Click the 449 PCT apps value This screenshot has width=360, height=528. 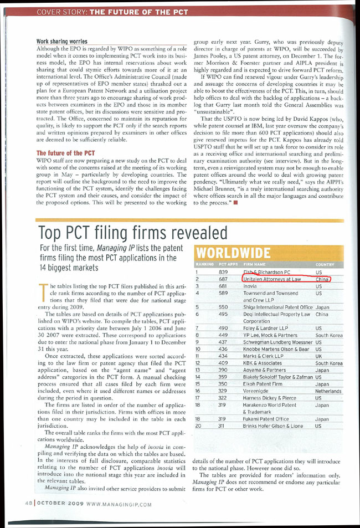(223, 336)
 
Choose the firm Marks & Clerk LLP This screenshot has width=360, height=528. (264, 356)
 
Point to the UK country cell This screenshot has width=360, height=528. (318, 356)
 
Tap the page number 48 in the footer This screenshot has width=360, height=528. (28, 504)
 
